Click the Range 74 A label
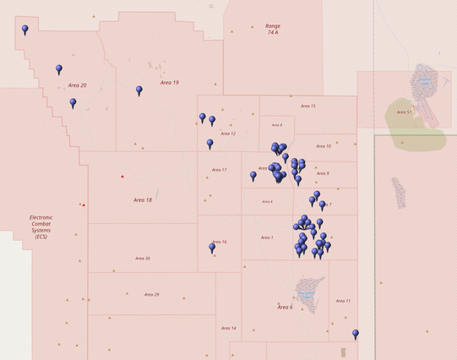click(x=273, y=30)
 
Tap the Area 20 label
click(x=78, y=85)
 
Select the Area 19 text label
click(x=169, y=83)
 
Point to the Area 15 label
click(x=308, y=106)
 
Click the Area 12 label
click(x=228, y=134)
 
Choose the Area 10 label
click(x=324, y=146)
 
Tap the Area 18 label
click(x=143, y=200)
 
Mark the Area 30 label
click(x=143, y=259)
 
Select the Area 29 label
click(x=151, y=295)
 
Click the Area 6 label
click(x=285, y=308)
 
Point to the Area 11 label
click(x=343, y=301)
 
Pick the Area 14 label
click(x=228, y=328)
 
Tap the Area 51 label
click(x=404, y=112)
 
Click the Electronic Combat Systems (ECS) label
click(x=41, y=227)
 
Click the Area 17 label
click(x=219, y=170)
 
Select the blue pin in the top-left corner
click(x=24, y=30)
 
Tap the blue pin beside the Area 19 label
click(x=139, y=90)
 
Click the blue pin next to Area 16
click(x=212, y=248)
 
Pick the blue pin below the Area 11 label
click(x=356, y=334)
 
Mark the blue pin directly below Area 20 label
click(x=73, y=102)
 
